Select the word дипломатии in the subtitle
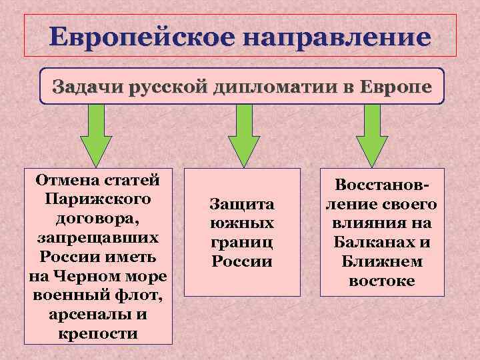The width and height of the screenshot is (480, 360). coord(276,86)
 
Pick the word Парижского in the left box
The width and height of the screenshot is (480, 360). coord(98,199)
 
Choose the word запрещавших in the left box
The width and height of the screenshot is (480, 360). coord(98,237)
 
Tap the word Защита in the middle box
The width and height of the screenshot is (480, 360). coord(242,203)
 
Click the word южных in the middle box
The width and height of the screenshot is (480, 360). coord(242,222)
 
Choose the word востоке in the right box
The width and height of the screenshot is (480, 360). coord(381,281)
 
